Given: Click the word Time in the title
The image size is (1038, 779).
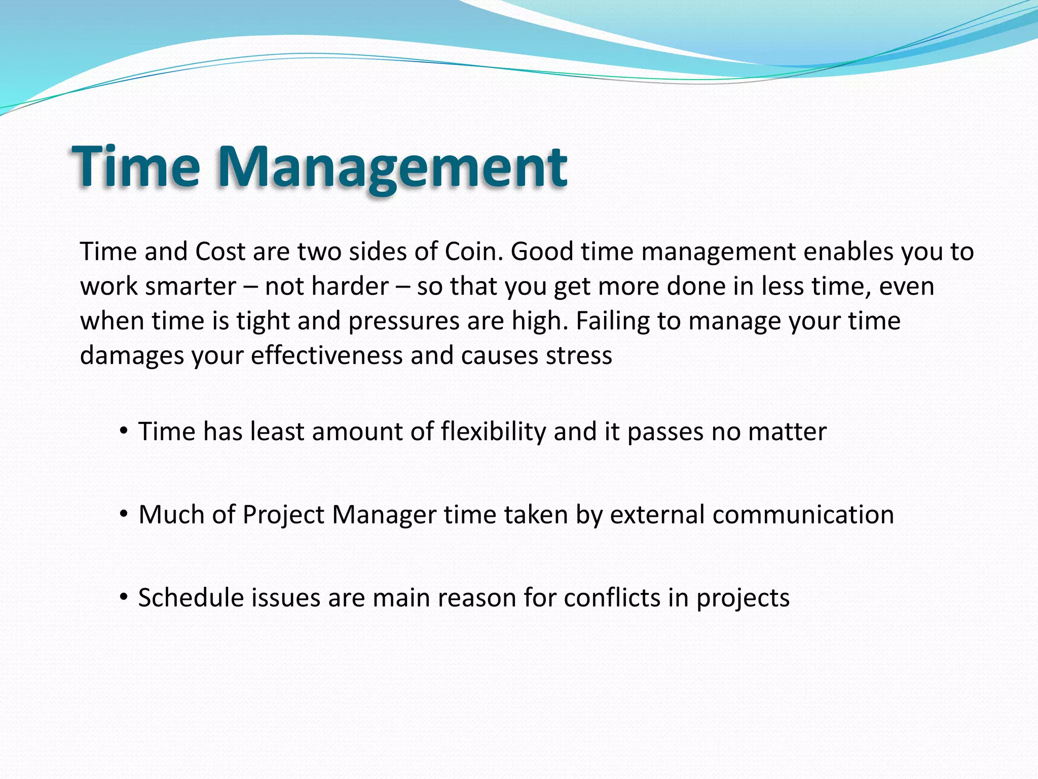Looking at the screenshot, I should click(136, 167).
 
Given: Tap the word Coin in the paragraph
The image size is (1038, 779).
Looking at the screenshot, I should click(473, 252).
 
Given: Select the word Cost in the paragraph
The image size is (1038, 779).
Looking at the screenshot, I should click(220, 252).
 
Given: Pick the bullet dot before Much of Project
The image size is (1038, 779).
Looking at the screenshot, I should click(123, 514).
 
